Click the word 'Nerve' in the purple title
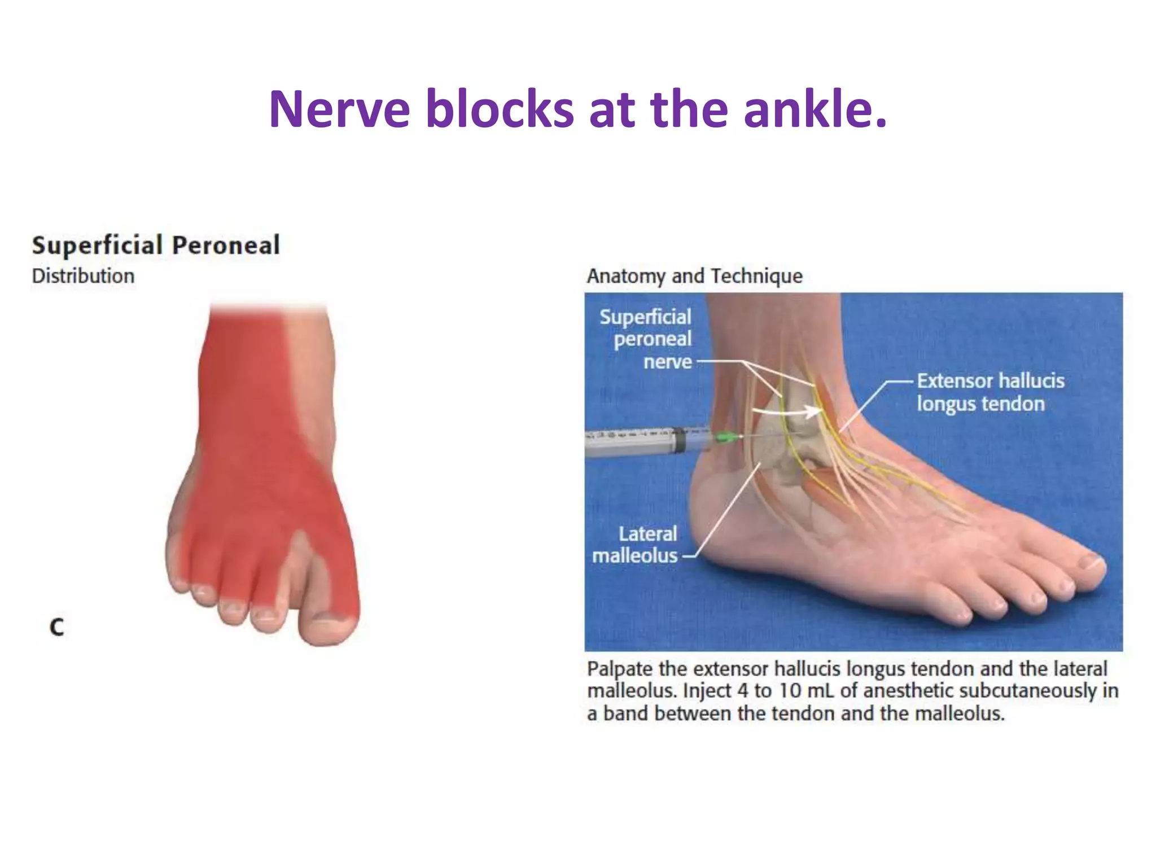[339, 109]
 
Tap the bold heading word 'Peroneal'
[225, 246]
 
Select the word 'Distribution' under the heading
[83, 276]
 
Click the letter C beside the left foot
[56, 627]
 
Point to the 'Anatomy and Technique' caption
[694, 276]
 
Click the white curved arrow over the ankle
[790, 411]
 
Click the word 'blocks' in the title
[500, 109]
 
